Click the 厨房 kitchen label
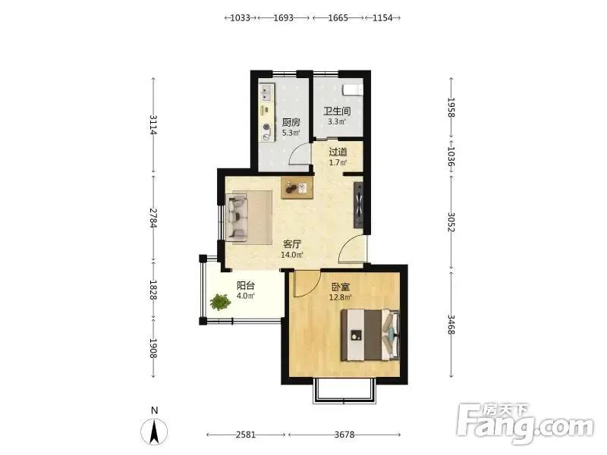point(291,123)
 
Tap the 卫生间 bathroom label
point(337,111)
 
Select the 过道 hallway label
point(338,152)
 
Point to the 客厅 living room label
point(292,244)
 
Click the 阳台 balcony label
point(245,286)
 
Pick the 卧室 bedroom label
point(341,287)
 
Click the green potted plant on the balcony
point(220,302)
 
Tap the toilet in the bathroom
point(353,89)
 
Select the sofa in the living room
point(237,218)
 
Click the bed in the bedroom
point(370,334)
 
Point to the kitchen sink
point(266,93)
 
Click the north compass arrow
point(154,431)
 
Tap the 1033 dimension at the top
point(240,17)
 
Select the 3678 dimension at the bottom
point(344,435)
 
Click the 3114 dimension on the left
point(153,124)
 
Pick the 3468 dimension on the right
point(451,325)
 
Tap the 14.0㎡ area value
point(292,255)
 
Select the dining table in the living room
point(297,188)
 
